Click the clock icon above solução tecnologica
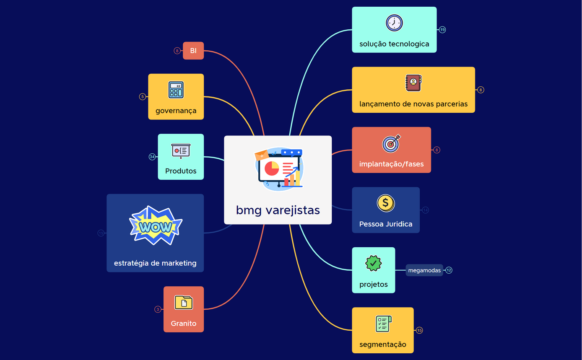[394, 23]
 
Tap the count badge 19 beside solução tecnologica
[442, 30]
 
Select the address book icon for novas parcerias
[413, 83]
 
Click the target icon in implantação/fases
[391, 143]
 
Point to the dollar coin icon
[385, 203]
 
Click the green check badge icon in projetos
[373, 264]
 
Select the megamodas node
[424, 270]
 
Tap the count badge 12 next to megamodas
[449, 270]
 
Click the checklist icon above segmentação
[383, 324]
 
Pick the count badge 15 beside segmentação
[419, 330]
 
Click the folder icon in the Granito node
[183, 303]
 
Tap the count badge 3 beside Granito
[158, 309]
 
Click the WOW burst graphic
[156, 226]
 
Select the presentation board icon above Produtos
[181, 150]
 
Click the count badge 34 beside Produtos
[152, 157]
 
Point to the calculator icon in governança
[176, 90]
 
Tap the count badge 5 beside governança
[143, 97]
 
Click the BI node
[193, 51]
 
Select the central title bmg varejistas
[278, 210]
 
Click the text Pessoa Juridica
[386, 224]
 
